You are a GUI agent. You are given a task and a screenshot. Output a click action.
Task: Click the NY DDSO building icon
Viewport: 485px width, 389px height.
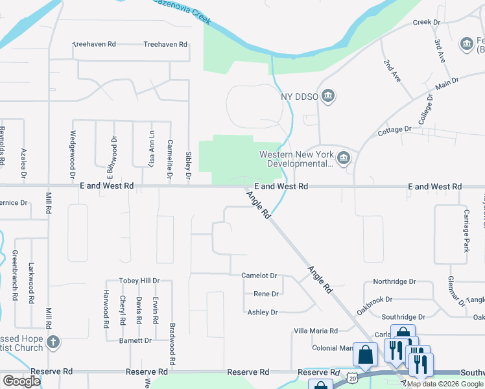point(328,97)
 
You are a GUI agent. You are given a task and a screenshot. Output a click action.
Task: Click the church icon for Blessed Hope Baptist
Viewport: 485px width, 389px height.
point(54,342)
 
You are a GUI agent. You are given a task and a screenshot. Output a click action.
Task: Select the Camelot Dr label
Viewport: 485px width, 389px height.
point(259,276)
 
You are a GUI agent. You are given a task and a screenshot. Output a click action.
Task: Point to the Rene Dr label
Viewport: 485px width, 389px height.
point(266,294)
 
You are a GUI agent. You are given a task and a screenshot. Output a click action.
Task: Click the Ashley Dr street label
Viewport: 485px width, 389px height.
point(263,312)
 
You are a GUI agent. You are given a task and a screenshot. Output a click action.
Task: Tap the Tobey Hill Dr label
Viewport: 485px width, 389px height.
point(139,281)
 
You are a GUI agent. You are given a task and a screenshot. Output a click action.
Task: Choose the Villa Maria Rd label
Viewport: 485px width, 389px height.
point(316,331)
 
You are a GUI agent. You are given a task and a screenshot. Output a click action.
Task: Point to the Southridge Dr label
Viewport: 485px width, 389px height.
point(403,317)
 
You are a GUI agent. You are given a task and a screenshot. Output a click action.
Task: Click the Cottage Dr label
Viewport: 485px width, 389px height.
point(395,130)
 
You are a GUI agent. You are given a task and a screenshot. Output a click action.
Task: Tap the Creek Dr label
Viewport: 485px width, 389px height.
point(427,22)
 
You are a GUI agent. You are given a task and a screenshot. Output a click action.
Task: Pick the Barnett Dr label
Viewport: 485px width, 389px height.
point(135,340)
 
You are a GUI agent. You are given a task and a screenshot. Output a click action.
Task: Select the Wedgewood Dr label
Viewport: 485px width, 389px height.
point(72,156)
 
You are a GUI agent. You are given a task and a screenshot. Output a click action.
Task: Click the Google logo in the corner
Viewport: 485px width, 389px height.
point(21,381)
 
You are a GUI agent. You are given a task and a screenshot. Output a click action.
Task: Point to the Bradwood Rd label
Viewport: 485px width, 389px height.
point(172,344)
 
